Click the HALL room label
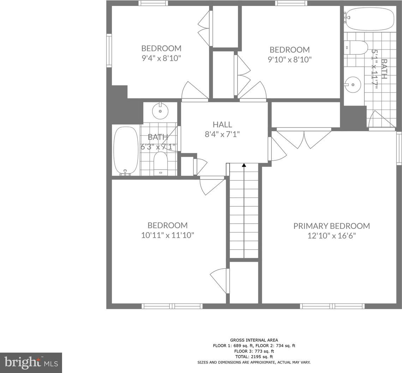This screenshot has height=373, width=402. click(x=222, y=124)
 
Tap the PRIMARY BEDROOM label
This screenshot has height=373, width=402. click(x=331, y=226)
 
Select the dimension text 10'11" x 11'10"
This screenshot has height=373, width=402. click(x=168, y=235)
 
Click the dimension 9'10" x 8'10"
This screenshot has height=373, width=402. click(x=290, y=59)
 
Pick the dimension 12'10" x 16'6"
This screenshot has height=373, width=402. click(x=332, y=236)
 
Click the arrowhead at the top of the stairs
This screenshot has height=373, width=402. click(x=244, y=165)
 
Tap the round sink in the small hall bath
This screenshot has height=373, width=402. click(x=160, y=111)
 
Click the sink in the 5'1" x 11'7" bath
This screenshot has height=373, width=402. click(x=353, y=84)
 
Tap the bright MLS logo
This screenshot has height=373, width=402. click(x=31, y=363)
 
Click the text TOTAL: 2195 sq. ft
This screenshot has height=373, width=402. click(x=254, y=357)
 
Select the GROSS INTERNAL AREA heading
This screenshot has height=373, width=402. click(x=254, y=340)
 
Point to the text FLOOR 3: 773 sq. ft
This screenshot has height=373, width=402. click(x=254, y=351)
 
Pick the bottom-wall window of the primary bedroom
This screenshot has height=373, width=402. click(x=332, y=306)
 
